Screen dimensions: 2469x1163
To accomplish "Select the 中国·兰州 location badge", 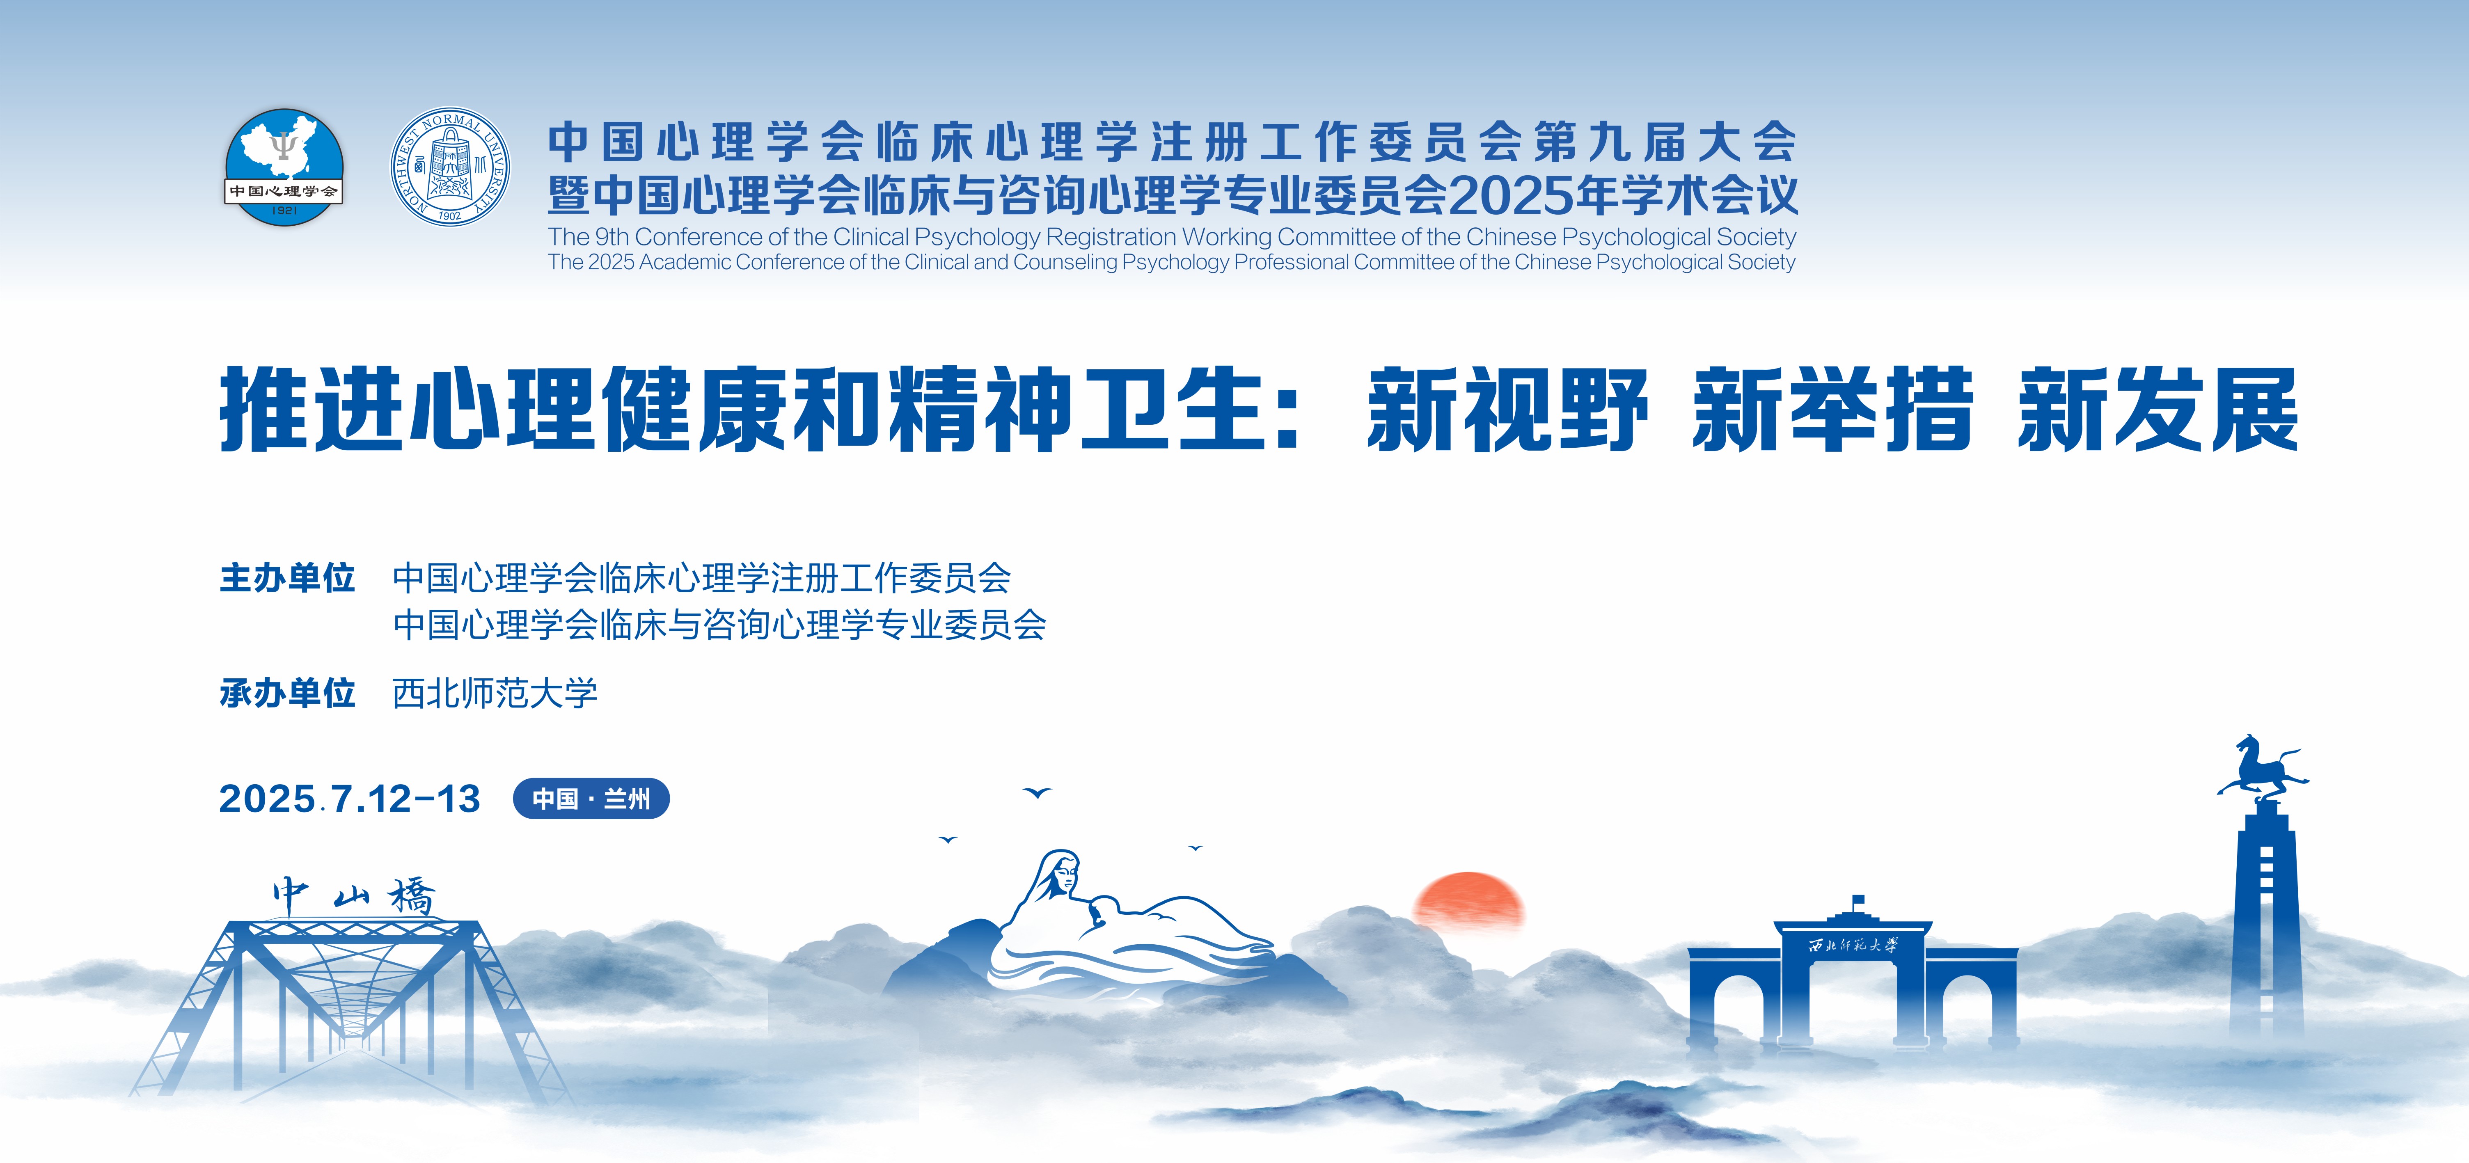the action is pos(591,799).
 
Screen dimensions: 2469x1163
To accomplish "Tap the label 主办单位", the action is pos(288,578).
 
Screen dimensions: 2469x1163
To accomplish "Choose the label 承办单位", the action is pos(288,692).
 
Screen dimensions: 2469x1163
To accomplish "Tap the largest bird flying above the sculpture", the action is pos(1037,793).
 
